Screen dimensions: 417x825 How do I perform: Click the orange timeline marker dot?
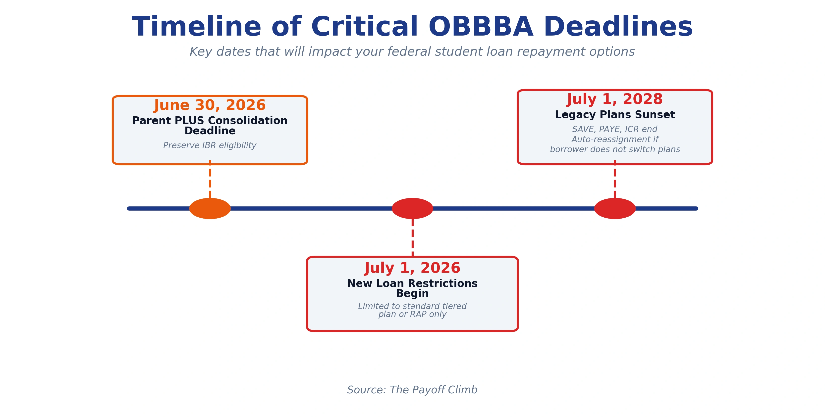point(210,208)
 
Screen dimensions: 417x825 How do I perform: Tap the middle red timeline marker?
point(412,208)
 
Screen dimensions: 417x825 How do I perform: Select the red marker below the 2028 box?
point(615,208)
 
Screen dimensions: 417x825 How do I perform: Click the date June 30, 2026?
point(210,105)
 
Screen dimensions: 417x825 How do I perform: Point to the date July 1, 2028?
point(615,99)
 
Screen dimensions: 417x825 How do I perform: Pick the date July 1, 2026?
point(412,268)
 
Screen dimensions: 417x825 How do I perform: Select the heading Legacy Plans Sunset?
point(615,115)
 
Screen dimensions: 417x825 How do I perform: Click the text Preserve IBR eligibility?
point(210,146)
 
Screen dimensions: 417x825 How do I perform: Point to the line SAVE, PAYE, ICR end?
point(615,129)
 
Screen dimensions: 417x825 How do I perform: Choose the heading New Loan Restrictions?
point(412,283)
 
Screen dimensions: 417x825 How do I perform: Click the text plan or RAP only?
point(412,315)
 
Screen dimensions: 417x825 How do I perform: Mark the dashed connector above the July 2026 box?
point(412,237)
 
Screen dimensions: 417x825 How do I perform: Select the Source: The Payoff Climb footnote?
point(412,390)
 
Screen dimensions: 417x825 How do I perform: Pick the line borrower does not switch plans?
point(615,149)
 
